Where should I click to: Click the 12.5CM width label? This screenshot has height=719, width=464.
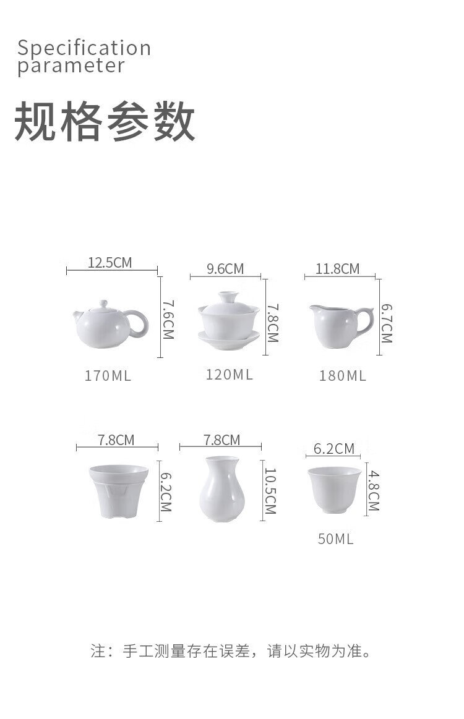[x=110, y=263]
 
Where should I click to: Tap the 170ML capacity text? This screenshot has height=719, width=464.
[x=108, y=376]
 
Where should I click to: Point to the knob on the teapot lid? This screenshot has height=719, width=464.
[x=103, y=304]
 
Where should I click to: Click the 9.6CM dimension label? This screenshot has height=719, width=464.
[x=225, y=269]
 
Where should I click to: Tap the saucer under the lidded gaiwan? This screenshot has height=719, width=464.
[x=228, y=340]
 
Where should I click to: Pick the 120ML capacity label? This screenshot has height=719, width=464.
[x=230, y=375]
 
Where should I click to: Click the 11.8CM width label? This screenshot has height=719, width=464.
[x=337, y=269]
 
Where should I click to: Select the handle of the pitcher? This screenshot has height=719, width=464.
[x=366, y=320]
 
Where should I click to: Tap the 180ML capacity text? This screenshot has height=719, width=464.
[x=343, y=376]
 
